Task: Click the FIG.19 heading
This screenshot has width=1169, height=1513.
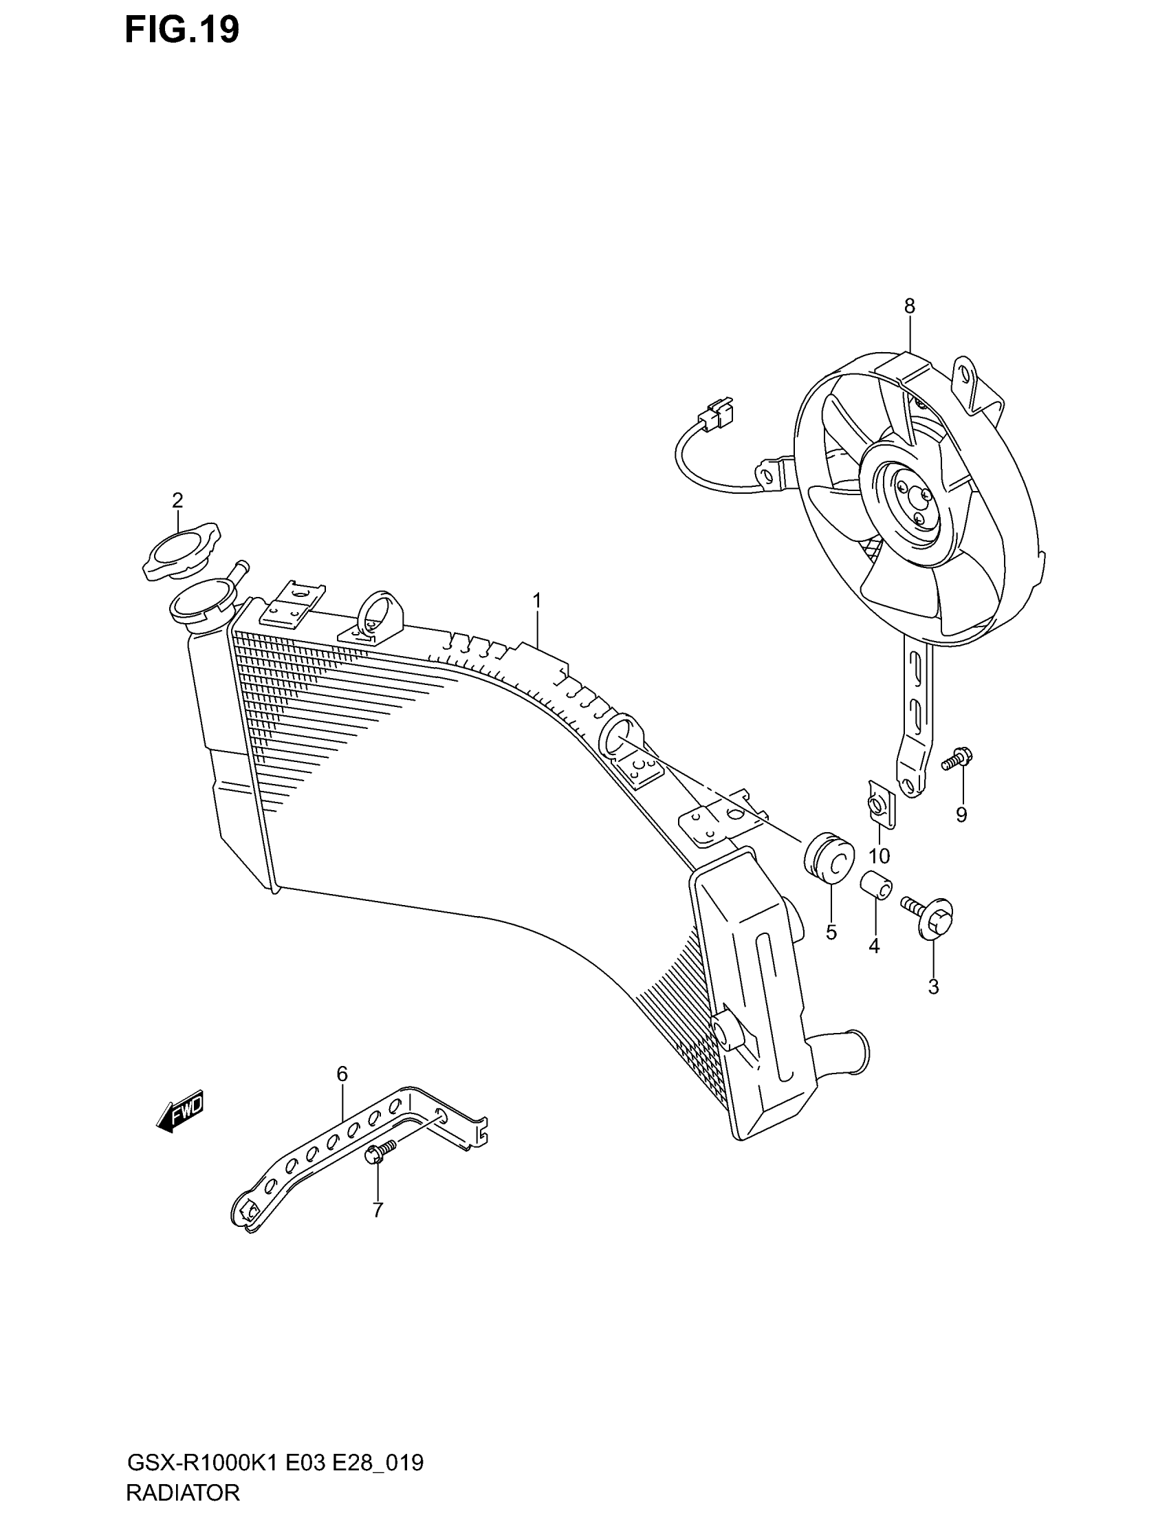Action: tap(182, 30)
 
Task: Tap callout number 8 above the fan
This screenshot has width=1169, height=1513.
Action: tap(909, 305)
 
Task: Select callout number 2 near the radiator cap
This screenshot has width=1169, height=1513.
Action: tap(177, 499)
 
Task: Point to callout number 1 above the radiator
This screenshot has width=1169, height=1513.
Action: tap(537, 600)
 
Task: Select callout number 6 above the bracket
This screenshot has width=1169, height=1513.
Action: tap(342, 1074)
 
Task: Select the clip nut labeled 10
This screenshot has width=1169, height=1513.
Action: tap(880, 803)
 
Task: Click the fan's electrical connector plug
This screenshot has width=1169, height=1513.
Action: tap(717, 413)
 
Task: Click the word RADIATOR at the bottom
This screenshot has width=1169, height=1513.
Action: tap(184, 1492)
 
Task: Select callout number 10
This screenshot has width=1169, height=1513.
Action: tap(879, 856)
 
